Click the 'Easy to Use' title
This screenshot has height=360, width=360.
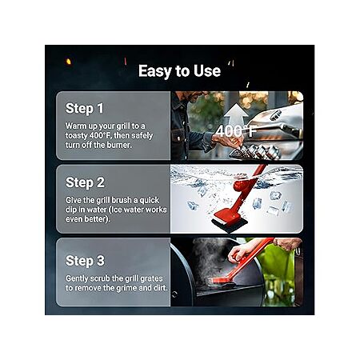(179, 71)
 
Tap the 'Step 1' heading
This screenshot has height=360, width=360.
(85, 108)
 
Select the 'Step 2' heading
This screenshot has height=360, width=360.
(85, 182)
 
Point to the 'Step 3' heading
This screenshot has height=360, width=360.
(85, 261)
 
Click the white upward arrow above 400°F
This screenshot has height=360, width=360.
(236, 114)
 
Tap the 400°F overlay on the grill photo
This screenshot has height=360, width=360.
(236, 131)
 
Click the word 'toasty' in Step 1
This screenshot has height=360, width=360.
(77, 135)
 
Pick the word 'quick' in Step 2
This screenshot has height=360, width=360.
(150, 200)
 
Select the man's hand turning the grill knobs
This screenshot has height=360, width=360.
(223, 139)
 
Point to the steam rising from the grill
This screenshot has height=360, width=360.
(210, 258)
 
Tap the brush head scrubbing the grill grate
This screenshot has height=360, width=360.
(222, 281)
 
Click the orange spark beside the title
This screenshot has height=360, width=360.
(68, 62)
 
